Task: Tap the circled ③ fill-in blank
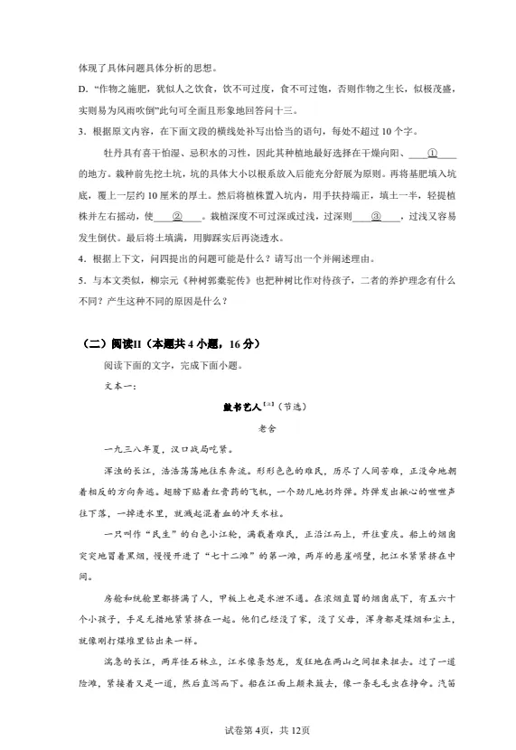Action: click(377, 217)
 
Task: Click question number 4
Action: click(84, 259)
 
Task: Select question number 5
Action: click(84, 281)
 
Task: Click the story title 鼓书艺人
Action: click(240, 408)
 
